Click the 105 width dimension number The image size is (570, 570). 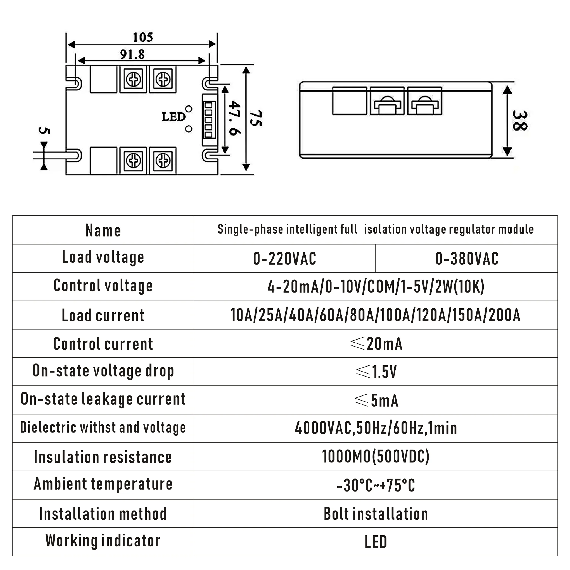(x=143, y=37)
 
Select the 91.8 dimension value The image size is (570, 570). (x=132, y=54)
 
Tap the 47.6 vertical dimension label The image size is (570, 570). (x=235, y=118)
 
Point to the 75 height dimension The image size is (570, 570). (x=255, y=118)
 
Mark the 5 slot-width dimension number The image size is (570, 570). (x=44, y=131)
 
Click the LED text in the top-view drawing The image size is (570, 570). (x=174, y=117)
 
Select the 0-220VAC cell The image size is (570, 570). (x=284, y=259)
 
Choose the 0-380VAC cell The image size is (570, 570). (x=467, y=259)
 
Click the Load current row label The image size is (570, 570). (x=103, y=315)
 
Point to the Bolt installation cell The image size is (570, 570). (x=376, y=514)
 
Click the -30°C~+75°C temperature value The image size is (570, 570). (x=376, y=485)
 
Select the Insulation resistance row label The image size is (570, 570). (x=103, y=457)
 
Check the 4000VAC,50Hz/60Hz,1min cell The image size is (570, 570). (x=376, y=428)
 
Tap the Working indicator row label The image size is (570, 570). (x=103, y=540)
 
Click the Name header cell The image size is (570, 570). (x=103, y=230)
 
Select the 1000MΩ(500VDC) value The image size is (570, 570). (x=376, y=456)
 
